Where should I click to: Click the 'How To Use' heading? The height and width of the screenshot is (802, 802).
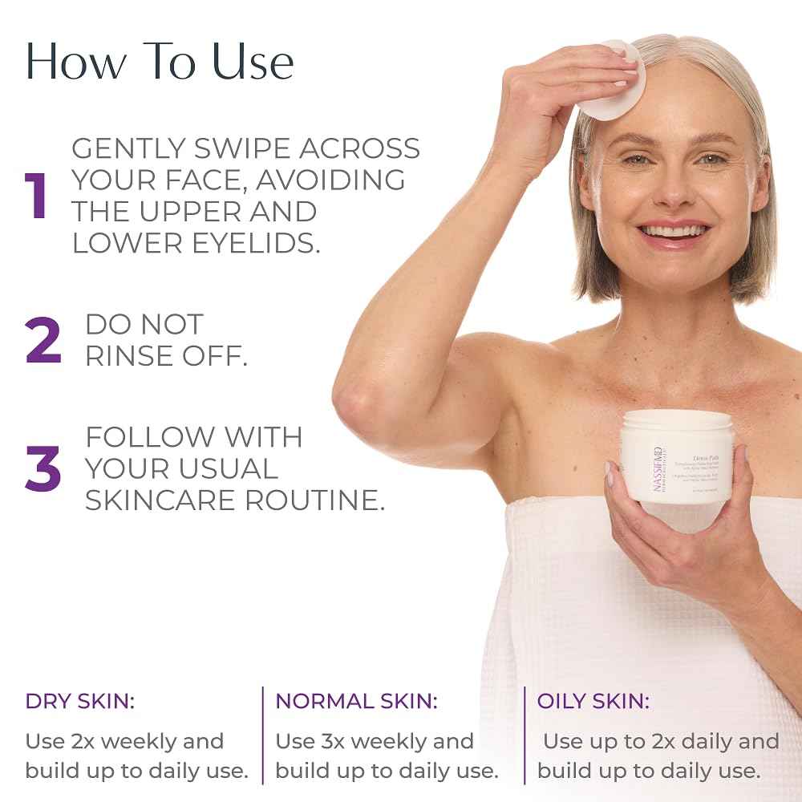click(160, 62)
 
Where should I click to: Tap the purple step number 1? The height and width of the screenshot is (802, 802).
click(37, 196)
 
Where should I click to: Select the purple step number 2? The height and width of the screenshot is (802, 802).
click(43, 341)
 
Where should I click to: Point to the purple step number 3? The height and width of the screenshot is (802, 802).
click(43, 469)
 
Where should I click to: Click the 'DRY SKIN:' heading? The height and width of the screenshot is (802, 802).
click(80, 701)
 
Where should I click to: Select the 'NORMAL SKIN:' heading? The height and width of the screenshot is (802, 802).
click(357, 701)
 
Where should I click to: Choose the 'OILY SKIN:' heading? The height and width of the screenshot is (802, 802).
click(593, 701)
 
